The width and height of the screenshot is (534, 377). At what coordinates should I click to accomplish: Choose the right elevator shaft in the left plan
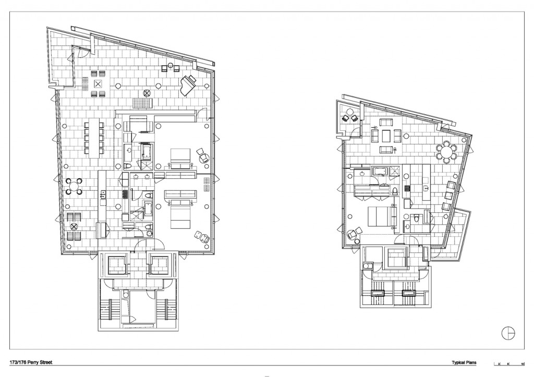(160, 264)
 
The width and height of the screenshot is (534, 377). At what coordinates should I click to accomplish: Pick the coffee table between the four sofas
(386, 136)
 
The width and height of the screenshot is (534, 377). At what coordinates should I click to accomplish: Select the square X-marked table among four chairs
(98, 84)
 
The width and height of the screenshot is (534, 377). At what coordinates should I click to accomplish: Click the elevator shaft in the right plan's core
(397, 258)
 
